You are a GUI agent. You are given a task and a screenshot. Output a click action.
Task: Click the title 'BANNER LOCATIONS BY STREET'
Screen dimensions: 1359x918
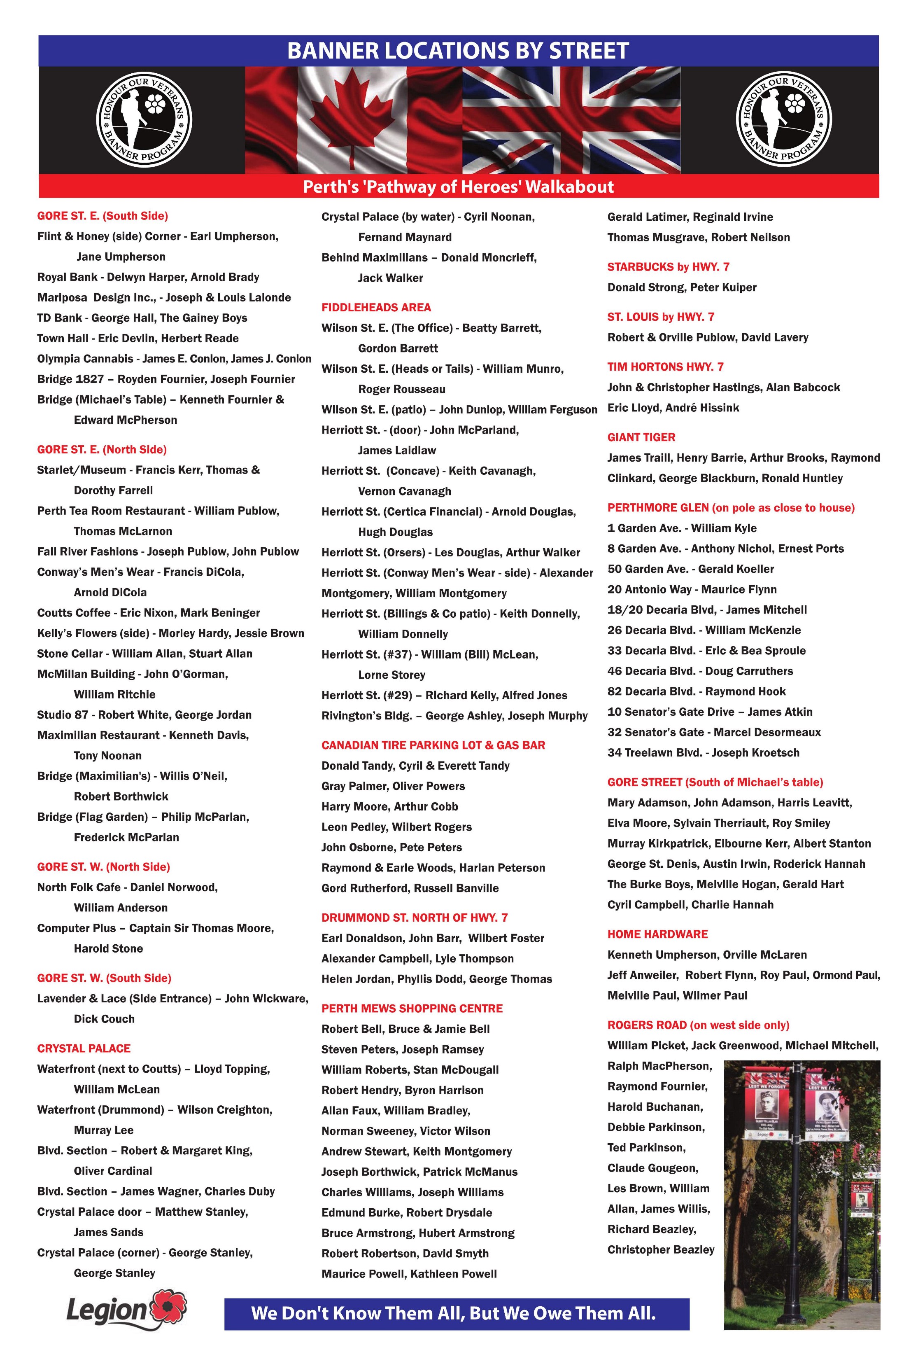point(458,51)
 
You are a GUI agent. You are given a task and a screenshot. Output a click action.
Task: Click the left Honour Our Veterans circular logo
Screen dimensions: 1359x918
point(144,119)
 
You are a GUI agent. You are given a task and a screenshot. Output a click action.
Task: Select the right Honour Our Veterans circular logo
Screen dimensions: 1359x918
point(783,119)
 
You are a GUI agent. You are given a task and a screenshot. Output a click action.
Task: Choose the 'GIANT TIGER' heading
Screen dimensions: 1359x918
point(641,437)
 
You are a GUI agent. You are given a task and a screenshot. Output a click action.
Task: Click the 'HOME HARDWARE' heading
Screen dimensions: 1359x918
point(657,934)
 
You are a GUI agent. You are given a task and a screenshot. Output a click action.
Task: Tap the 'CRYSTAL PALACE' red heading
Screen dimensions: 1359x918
point(84,1048)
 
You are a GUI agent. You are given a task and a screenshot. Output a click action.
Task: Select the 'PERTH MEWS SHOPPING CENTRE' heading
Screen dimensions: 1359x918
point(412,1009)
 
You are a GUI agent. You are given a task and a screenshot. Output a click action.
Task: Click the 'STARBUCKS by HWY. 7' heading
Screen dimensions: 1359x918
point(668,267)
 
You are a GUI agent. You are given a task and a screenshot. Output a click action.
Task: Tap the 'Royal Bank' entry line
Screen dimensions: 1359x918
point(148,277)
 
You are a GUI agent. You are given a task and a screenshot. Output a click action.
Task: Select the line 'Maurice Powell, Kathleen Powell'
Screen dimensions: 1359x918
point(409,1274)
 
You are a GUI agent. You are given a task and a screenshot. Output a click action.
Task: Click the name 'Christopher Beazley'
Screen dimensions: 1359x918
point(661,1249)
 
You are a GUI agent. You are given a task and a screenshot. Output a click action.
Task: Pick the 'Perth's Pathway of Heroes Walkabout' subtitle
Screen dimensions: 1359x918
point(458,187)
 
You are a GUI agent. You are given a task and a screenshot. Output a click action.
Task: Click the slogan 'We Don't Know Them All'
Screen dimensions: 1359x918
point(453,1313)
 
